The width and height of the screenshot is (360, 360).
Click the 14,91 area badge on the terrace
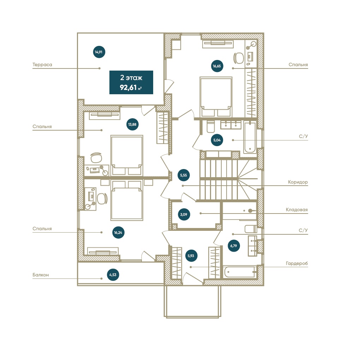pos(99,52)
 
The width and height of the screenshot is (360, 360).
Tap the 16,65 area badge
pos(217,66)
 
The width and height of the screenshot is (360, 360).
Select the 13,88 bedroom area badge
pos(132,125)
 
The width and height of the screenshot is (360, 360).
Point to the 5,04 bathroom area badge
pos(217,140)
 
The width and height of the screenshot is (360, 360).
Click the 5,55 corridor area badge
pos(184,175)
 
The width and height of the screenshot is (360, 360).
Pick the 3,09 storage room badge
pos(184,215)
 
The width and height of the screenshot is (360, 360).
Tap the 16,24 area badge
pos(118,233)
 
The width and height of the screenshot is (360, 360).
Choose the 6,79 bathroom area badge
pos(234,246)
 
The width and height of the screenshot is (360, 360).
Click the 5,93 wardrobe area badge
pos(191,256)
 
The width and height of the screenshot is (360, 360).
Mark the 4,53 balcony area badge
pos(113,275)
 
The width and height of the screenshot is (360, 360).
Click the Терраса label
pos(42,65)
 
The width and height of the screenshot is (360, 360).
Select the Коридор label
pos(298,182)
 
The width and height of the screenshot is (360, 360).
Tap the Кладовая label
pos(296,210)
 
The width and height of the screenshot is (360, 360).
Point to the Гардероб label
pos(296,264)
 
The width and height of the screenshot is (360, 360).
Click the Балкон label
pos(41,275)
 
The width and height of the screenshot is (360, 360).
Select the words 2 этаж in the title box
pos(131,78)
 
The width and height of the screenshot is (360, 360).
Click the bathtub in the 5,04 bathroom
pos(250,137)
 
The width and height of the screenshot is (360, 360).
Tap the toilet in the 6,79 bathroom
pos(251,229)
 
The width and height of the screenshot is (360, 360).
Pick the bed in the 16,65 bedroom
pos(216,97)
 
